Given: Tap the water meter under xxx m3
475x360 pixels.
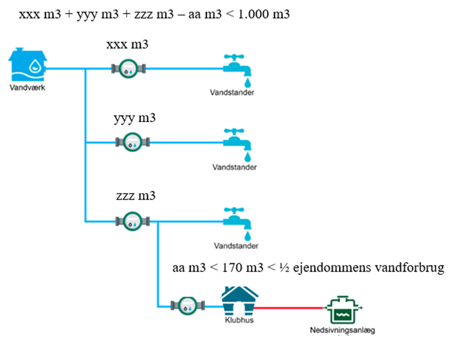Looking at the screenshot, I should pyautogui.click(x=128, y=69).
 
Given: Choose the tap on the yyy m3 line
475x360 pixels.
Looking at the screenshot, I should pyautogui.click(x=238, y=141).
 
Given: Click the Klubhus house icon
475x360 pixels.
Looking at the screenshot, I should pyautogui.click(x=240, y=300).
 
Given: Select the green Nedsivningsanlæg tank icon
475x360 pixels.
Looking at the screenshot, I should pyautogui.click(x=345, y=309).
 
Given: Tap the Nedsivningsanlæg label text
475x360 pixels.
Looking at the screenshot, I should pyautogui.click(x=343, y=330).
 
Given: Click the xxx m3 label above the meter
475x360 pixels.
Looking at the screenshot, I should pyautogui.click(x=127, y=45).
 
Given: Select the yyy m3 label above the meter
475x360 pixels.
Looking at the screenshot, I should pyautogui.click(x=134, y=118).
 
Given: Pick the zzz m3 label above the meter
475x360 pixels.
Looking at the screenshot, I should pyautogui.click(x=135, y=196).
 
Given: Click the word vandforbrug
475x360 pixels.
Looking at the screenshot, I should pyautogui.click(x=414, y=269).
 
